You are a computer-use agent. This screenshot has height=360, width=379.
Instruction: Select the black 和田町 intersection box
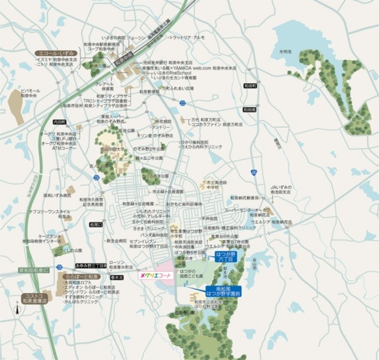pyautogui.click(x=250, y=85)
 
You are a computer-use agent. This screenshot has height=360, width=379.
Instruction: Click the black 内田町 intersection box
pyautogui.click(x=60, y=122)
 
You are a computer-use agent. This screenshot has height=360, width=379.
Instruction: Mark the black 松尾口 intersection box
pyautogui.click(x=96, y=225)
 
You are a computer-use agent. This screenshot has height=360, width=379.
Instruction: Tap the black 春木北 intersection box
pyautogui.click(x=116, y=277)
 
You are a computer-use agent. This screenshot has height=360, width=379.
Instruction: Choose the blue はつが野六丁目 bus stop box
pyautogui.click(x=226, y=257)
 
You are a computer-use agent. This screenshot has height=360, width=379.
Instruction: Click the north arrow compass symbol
pyautogui.click(x=17, y=310)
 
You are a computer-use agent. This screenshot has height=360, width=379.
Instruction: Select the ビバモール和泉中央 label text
pyautogui.click(x=31, y=93)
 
